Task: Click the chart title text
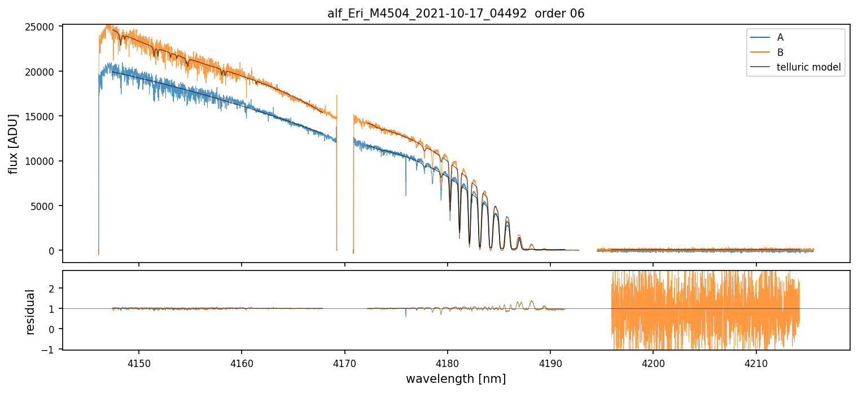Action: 456,14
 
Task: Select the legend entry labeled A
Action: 780,37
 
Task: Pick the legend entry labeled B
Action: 780,53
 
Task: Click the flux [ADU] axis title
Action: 13,143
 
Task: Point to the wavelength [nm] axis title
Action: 456,379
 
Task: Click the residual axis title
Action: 30,312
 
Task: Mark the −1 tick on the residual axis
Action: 52,350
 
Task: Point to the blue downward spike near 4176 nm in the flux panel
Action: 405,192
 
